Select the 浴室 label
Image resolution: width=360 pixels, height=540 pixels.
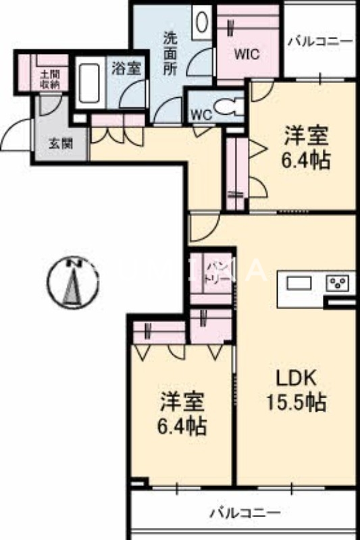pos(126,68)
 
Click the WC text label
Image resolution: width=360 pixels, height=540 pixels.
pos(201,115)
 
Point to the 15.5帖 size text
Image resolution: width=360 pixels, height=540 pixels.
pos(294,403)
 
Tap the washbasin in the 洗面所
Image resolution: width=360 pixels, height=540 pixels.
pos(202,22)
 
